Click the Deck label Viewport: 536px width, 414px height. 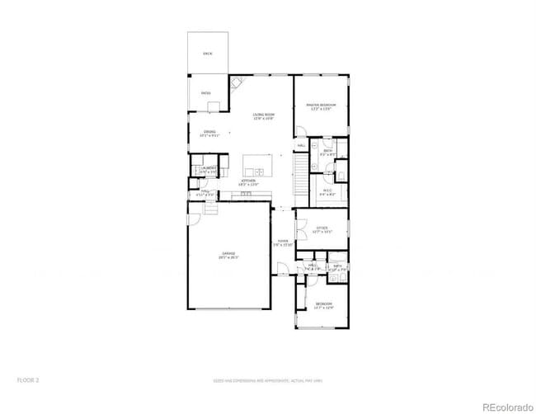(x=207, y=54)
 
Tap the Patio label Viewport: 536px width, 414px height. (x=206, y=93)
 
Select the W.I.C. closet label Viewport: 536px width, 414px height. (x=326, y=193)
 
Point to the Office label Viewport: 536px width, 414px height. (x=322, y=229)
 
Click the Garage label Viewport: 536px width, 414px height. (x=228, y=255)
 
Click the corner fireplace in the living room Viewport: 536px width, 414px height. (x=237, y=82)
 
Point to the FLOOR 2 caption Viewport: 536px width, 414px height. (x=28, y=380)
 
